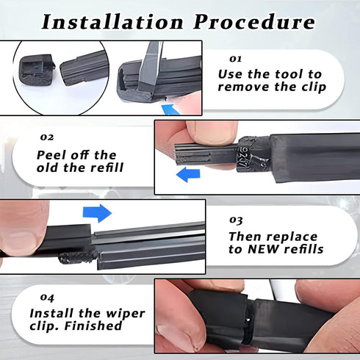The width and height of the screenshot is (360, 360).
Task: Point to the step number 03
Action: pos(237,220)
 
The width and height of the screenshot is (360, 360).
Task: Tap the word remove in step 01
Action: pos(245,89)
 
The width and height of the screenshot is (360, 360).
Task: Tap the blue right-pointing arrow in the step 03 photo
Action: pos(98,214)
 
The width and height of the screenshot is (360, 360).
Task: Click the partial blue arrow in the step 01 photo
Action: pos(170,109)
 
